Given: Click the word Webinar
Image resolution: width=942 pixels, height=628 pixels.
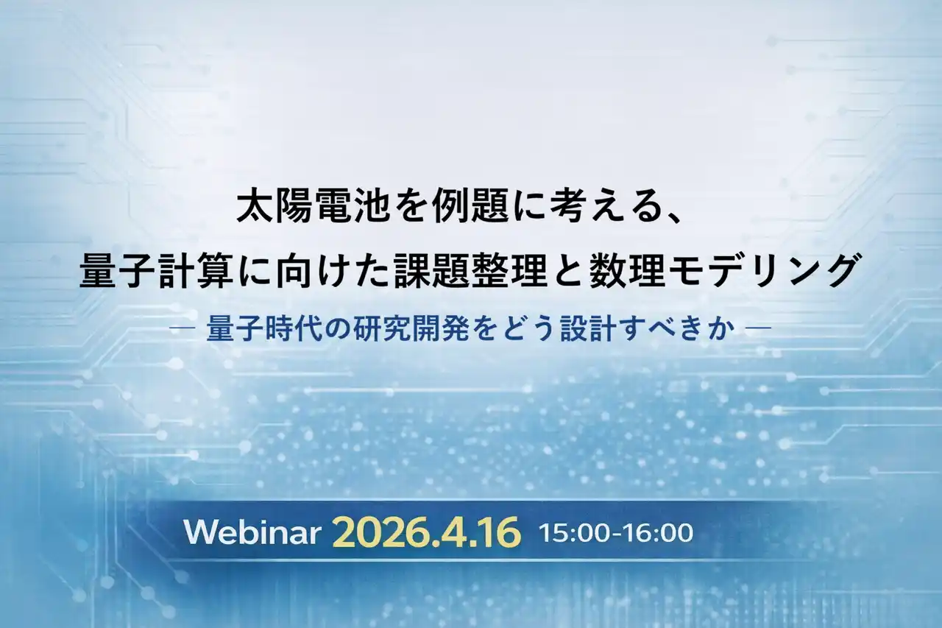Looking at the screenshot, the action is (x=251, y=533).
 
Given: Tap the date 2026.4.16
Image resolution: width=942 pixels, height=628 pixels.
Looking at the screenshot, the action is (x=426, y=532).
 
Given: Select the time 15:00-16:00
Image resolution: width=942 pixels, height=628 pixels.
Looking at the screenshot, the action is (x=616, y=532).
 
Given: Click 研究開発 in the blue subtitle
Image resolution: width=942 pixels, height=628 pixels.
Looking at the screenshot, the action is (x=411, y=328).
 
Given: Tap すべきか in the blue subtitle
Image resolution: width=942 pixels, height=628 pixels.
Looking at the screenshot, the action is (x=679, y=328).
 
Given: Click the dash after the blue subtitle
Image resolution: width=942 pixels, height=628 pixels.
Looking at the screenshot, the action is (x=758, y=328).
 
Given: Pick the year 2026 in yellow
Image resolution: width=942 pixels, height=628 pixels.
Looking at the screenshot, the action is (x=378, y=532).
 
